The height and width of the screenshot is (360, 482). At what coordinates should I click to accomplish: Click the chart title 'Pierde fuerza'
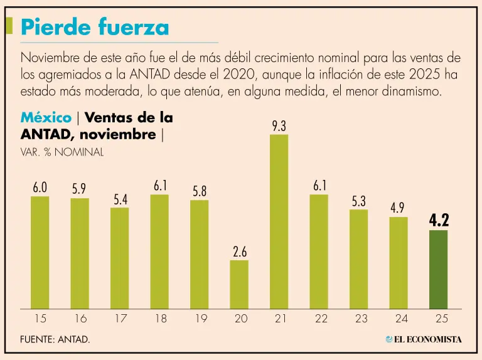[95, 27]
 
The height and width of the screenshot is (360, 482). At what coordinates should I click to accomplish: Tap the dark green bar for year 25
[438, 269]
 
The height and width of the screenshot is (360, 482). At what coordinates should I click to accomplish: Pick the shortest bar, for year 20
[239, 284]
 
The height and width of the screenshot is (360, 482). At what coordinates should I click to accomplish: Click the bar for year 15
[40, 252]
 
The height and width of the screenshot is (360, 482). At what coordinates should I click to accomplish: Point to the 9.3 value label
[279, 126]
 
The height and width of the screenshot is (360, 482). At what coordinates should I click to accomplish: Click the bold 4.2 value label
[439, 221]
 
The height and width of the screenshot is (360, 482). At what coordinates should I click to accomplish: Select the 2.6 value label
[239, 252]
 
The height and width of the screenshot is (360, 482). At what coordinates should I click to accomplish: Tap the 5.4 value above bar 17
[120, 199]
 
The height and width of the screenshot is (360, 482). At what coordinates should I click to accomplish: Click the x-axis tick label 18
[160, 319]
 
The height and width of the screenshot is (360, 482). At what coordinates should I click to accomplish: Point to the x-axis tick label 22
[321, 319]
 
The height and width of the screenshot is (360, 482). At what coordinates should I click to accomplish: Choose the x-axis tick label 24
[399, 319]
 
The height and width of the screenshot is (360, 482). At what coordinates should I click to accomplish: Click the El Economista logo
[424, 339]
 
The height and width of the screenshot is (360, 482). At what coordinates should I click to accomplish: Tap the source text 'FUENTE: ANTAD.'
[55, 339]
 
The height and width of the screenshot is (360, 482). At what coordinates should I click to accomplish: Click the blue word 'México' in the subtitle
[46, 118]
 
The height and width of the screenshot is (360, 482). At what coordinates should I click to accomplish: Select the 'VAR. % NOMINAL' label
[62, 152]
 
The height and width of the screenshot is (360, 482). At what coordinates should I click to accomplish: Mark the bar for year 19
[200, 254]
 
